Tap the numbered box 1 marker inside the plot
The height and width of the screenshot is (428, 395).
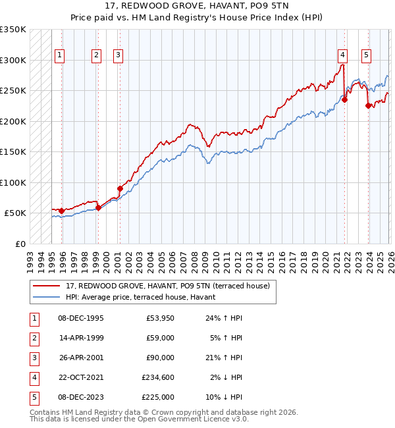tap(60, 55)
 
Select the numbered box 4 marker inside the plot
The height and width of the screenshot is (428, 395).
tap(343, 55)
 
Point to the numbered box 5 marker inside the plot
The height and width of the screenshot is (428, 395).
tap(365, 55)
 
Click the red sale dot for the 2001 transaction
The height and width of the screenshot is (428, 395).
tap(120, 188)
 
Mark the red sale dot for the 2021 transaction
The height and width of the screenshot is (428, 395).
tap(344, 100)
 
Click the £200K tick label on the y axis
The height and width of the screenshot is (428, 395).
tap(13, 121)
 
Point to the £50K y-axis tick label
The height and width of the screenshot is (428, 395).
tap(16, 213)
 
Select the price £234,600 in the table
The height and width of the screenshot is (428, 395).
tap(158, 377)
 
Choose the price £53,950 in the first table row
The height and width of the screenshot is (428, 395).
tap(160, 318)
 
